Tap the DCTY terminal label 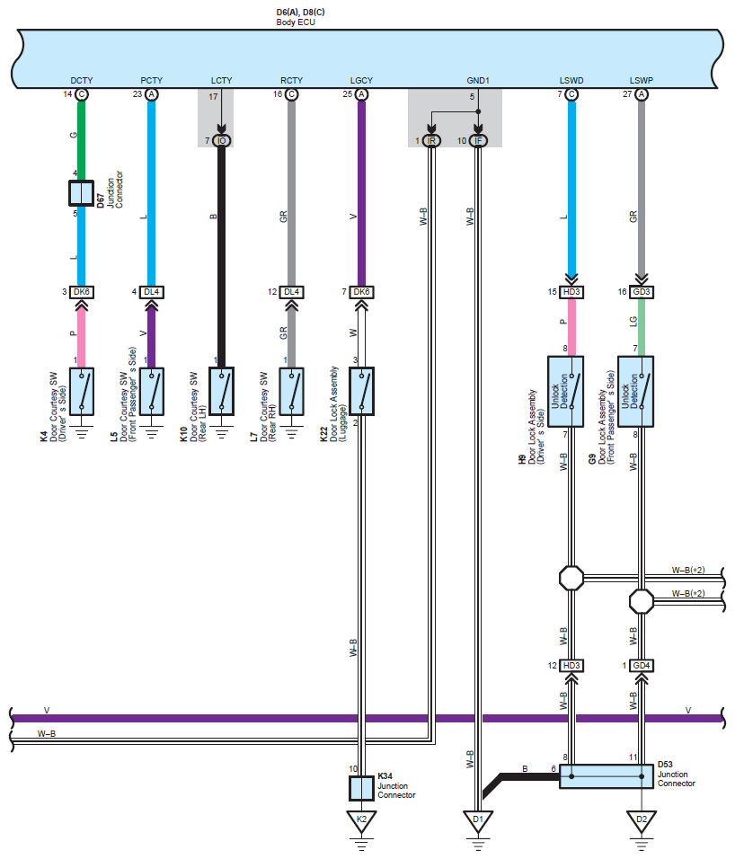(x=81, y=81)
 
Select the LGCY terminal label (x=361, y=81)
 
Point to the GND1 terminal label (x=477, y=81)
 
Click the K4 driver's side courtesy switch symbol (x=82, y=391)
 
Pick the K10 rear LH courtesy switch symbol (x=221, y=391)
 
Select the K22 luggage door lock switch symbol (x=361, y=391)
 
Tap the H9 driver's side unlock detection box (x=566, y=392)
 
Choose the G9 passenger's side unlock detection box (x=635, y=392)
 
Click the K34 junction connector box (x=361, y=788)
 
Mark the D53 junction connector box (x=606, y=776)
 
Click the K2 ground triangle (x=361, y=820)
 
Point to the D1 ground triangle (x=477, y=820)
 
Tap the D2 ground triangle (x=641, y=820)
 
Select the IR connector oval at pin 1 (x=431, y=140)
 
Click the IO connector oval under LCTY (x=221, y=140)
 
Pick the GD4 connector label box (x=641, y=666)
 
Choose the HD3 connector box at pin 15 (x=571, y=292)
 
